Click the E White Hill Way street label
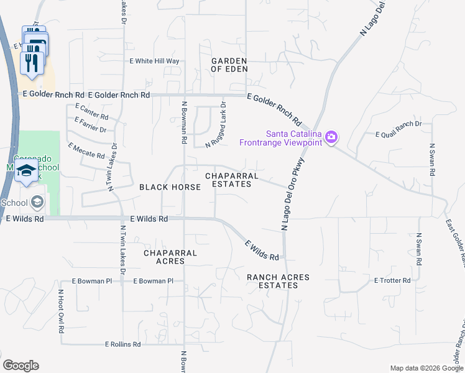click(154, 61)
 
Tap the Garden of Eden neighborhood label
click(229, 65)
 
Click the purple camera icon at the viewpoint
click(331, 136)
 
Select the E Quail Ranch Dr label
click(398, 124)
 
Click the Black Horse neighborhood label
click(170, 186)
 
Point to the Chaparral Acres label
click(170, 257)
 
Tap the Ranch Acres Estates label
click(278, 281)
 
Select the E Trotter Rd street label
click(392, 280)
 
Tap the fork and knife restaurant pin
click(32, 62)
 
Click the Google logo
click(21, 366)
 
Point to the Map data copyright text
click(426, 368)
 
